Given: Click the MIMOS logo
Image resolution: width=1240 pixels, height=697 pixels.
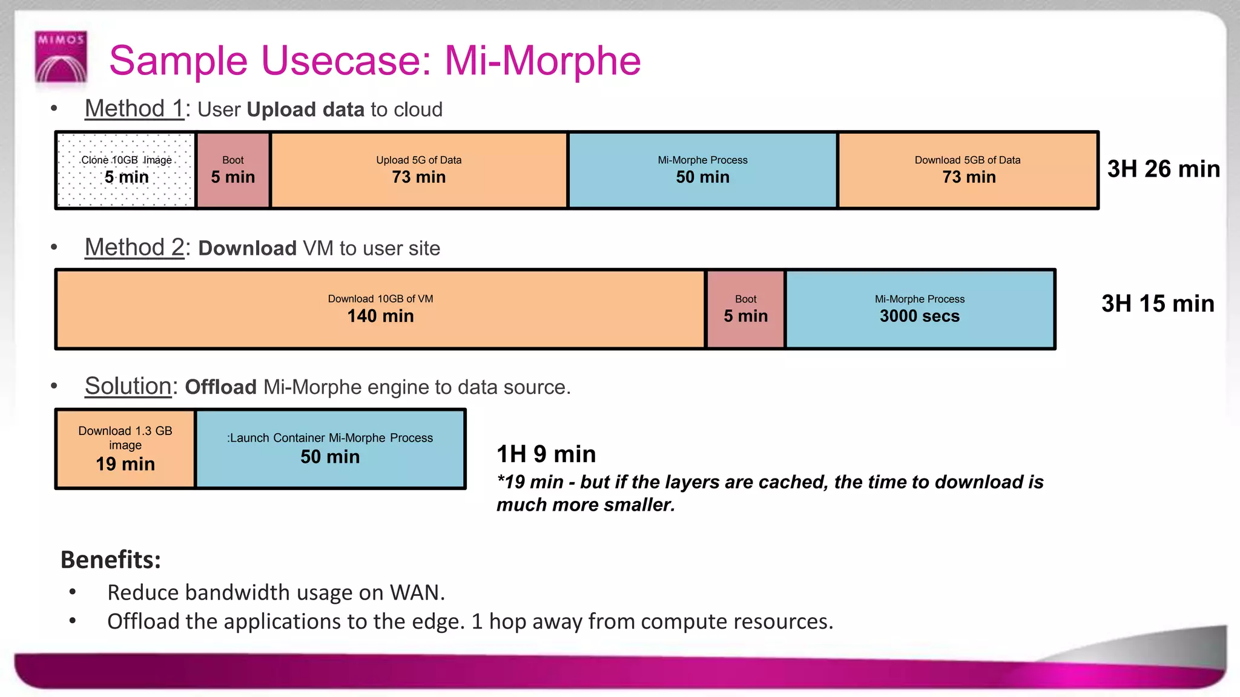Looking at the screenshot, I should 61,56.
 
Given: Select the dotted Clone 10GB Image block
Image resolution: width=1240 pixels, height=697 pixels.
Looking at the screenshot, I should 126,170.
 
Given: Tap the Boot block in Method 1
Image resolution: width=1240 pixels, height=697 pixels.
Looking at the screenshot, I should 233,170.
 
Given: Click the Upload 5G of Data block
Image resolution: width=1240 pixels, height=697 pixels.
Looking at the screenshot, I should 419,170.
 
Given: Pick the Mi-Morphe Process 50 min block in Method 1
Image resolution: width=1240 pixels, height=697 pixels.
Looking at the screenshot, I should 702,170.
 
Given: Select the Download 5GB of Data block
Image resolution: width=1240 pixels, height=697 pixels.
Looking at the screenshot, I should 968,170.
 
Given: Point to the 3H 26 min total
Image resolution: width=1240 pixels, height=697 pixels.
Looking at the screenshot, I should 1163,169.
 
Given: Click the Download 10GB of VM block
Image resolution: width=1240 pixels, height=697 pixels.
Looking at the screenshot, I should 380,309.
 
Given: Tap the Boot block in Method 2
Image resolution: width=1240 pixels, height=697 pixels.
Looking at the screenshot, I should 745,309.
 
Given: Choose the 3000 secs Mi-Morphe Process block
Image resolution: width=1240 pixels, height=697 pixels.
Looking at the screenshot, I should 919,309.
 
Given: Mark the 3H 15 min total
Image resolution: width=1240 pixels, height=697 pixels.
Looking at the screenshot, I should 1157,304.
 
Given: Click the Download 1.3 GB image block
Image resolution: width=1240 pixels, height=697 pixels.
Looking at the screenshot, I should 125,448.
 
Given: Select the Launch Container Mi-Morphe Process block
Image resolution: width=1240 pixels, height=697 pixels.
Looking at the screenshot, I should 330,448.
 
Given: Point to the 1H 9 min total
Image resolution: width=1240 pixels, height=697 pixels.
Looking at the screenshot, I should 546,454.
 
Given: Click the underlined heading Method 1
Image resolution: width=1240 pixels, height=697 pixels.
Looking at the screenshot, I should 134,109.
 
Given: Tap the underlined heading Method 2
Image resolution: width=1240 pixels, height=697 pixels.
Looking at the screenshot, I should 134,247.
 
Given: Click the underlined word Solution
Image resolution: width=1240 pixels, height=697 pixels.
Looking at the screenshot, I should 128,386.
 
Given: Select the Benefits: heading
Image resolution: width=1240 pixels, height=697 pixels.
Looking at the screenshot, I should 111,560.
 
